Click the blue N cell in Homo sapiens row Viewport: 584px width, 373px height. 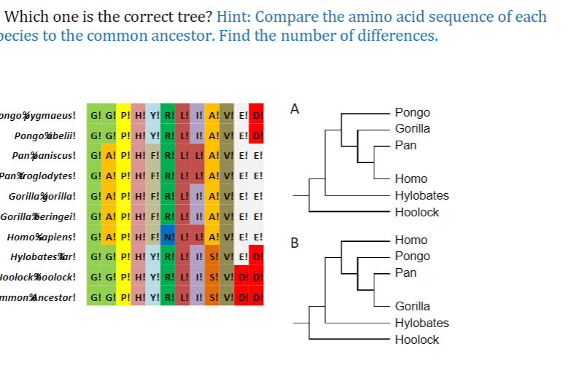(168, 237)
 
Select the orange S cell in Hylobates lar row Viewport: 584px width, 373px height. (212, 257)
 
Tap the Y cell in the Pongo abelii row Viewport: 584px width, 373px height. (153, 136)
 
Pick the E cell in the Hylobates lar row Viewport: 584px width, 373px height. (242, 257)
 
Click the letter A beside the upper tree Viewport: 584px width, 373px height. (294, 109)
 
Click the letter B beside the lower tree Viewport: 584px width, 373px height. (294, 243)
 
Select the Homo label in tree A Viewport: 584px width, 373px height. (410, 178)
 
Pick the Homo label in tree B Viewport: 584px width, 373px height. (410, 240)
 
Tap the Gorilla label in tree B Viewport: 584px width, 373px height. (412, 306)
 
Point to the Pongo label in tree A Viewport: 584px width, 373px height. (412, 112)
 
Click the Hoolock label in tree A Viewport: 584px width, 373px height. (416, 212)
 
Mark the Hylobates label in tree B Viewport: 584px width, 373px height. (421, 323)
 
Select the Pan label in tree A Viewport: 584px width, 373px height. (405, 145)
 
